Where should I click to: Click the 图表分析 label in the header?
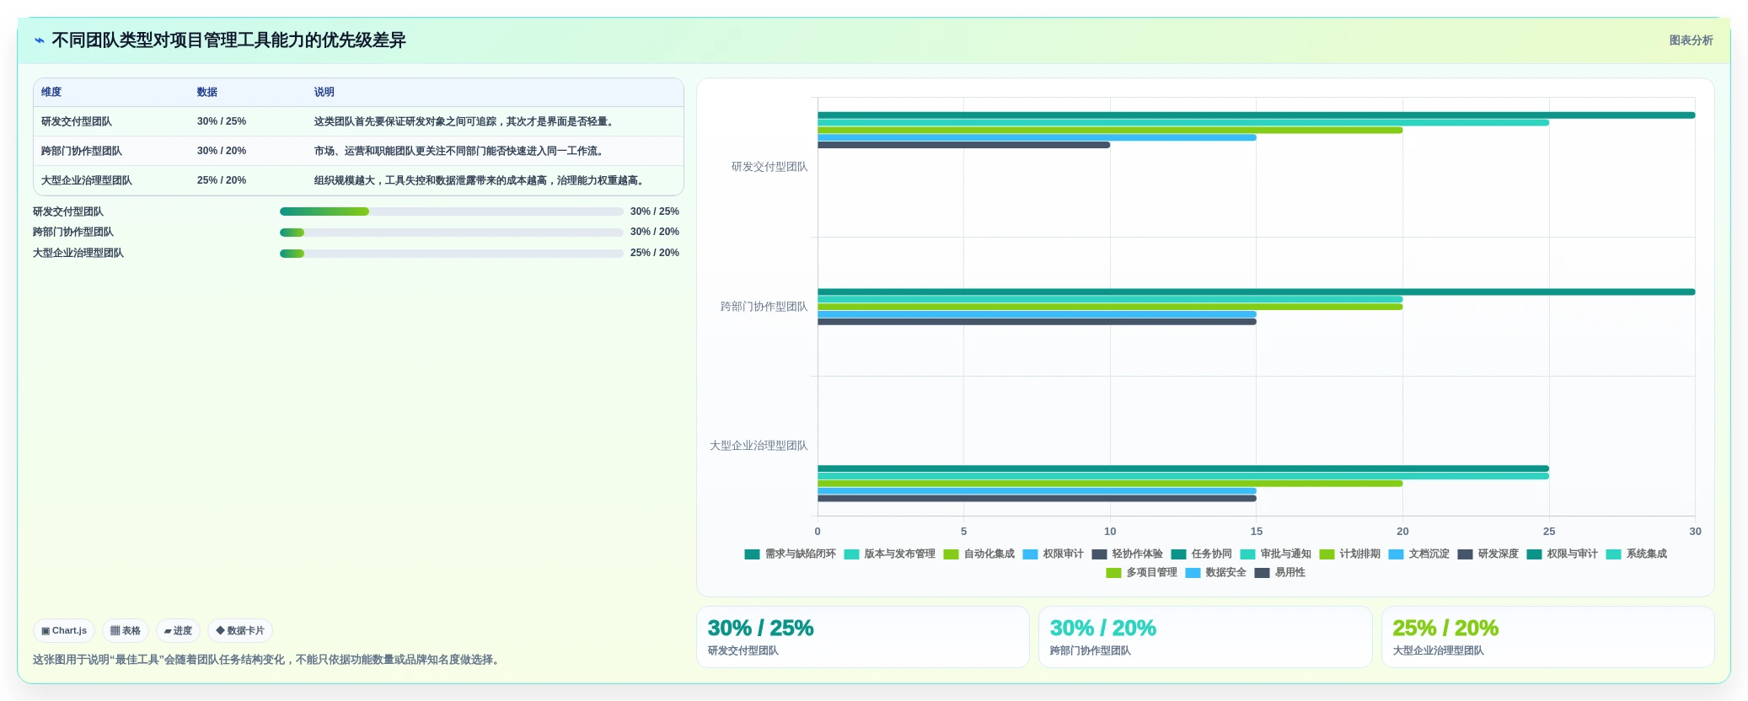[x=1691, y=40]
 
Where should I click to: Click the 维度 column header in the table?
[x=51, y=92]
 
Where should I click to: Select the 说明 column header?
[x=324, y=92]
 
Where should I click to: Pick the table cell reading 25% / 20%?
[x=222, y=180]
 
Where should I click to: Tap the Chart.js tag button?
[x=64, y=630]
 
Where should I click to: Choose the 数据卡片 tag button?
[x=240, y=630]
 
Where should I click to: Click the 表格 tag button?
[x=126, y=630]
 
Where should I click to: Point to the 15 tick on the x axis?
[x=1256, y=532]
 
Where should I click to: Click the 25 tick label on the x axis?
[x=1549, y=532]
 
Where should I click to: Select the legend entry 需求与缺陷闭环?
[x=791, y=554]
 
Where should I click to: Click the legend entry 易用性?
[x=1280, y=573]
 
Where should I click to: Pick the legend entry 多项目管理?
[x=1142, y=573]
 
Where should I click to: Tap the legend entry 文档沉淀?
[x=1418, y=554]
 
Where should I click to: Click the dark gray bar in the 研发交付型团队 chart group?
[x=963, y=145]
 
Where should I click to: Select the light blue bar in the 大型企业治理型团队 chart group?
[x=1037, y=491]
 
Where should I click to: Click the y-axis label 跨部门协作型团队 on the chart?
[x=764, y=307]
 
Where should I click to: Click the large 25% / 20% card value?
[x=1445, y=628]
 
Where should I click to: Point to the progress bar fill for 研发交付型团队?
[x=324, y=211]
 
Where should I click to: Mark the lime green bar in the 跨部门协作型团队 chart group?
[x=1110, y=307]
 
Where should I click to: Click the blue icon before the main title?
[x=40, y=40]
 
